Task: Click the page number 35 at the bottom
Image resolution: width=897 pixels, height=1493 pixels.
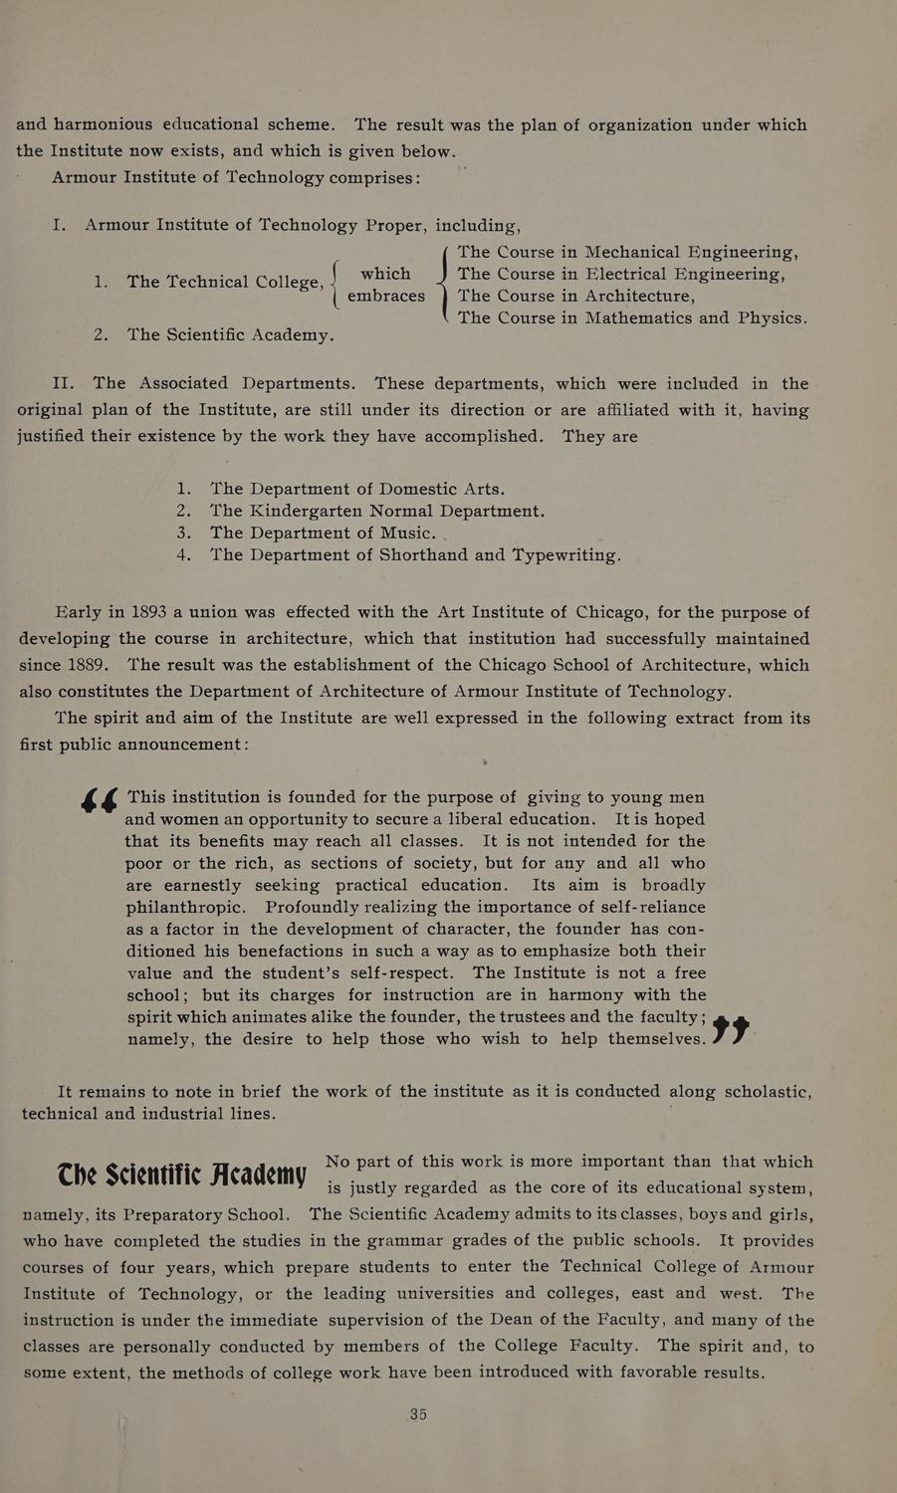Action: point(418,1414)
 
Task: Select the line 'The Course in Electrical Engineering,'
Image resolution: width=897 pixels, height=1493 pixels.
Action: point(622,275)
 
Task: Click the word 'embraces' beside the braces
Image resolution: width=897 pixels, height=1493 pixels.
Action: point(386,297)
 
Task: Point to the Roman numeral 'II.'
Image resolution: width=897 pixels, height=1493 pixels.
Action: point(65,383)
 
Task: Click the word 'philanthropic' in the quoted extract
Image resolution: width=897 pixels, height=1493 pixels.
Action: point(187,907)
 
